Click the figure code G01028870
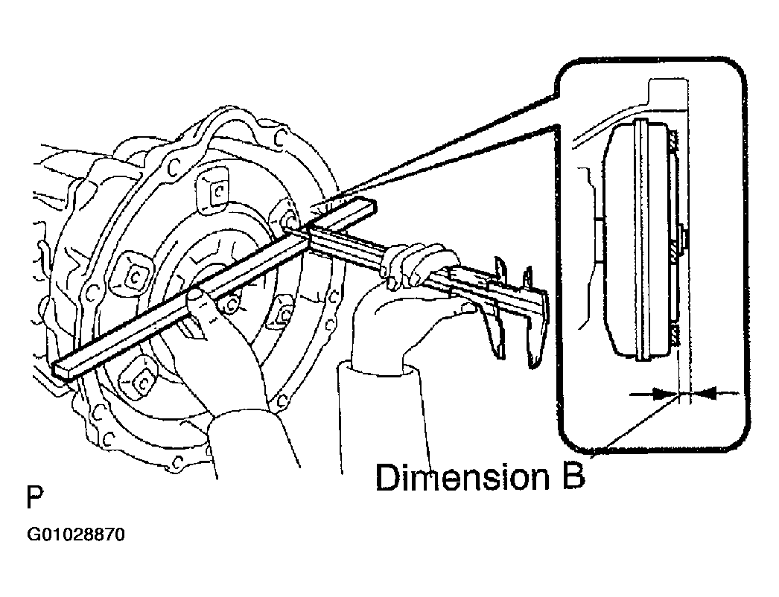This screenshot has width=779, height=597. pyautogui.click(x=75, y=534)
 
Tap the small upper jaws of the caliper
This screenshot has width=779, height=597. pyautogui.click(x=514, y=267)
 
